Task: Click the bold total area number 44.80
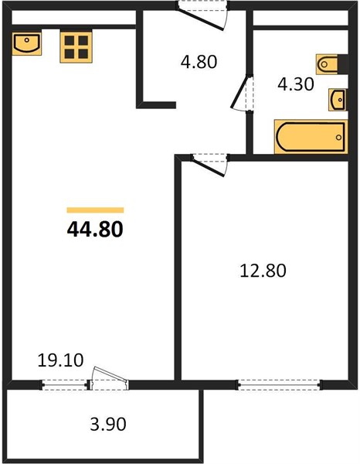95,230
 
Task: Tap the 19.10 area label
60,360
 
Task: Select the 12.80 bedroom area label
263,271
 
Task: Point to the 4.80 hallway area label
199,62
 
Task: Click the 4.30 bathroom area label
296,84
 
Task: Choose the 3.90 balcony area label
108,424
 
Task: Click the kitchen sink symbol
27,44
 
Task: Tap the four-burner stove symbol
76,46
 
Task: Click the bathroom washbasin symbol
338,100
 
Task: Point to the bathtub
311,137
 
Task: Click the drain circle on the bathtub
338,138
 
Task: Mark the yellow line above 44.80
95,210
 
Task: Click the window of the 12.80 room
279,385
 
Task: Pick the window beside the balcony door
65,385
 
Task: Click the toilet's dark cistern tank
343,64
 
